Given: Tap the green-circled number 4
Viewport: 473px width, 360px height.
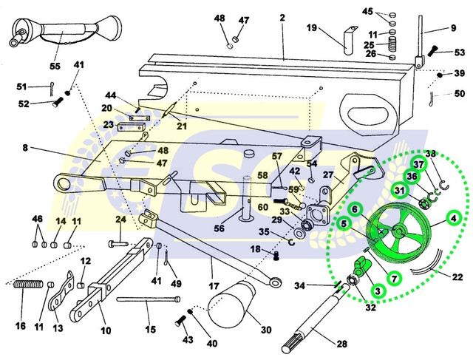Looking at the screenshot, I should (454, 218).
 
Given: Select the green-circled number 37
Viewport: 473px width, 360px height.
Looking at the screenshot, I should (418, 164).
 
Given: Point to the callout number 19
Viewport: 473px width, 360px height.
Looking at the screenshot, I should (312, 28).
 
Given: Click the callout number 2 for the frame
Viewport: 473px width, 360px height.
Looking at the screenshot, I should (282, 16).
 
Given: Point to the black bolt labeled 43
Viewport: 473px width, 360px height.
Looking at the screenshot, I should (180, 322).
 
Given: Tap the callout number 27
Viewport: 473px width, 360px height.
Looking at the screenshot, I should (329, 175).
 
